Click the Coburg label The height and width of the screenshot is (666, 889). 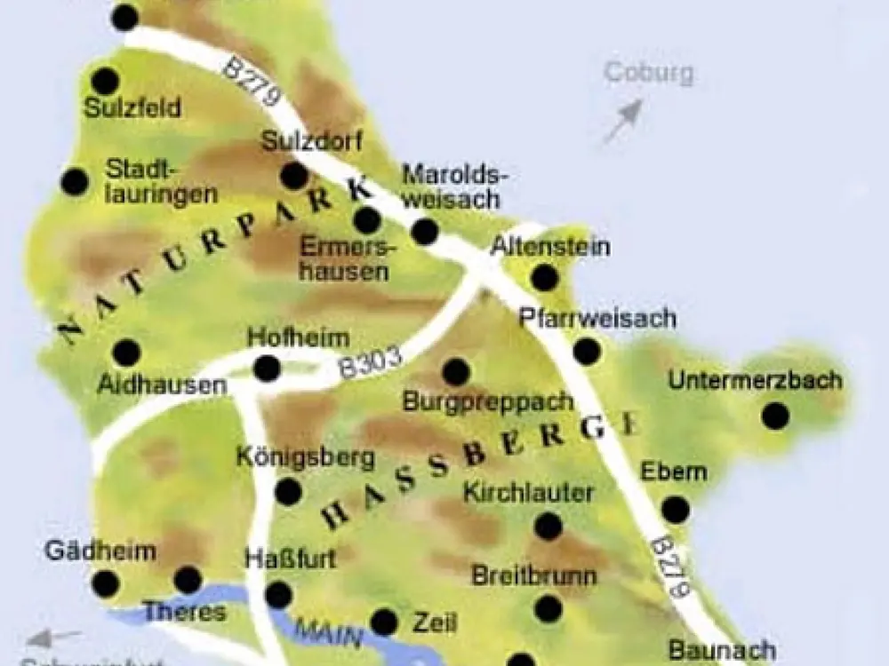(649, 73)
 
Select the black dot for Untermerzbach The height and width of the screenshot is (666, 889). (775, 415)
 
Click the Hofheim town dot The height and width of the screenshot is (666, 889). (267, 368)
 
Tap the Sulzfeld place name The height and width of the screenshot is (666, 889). (133, 108)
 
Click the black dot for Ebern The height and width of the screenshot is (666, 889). (676, 509)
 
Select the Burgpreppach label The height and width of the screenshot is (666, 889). (488, 401)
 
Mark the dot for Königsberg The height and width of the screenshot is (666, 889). (288, 491)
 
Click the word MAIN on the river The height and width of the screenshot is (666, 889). (330, 633)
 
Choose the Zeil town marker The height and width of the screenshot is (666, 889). (384, 622)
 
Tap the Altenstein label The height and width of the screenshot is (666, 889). (550, 246)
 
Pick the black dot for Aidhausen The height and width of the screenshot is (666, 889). (126, 353)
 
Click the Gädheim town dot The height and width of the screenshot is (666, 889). (106, 583)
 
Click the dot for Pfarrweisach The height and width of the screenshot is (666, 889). (587, 351)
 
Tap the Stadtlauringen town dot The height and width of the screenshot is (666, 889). (75, 182)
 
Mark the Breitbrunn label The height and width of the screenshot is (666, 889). (534, 575)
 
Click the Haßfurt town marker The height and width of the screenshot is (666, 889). (278, 594)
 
